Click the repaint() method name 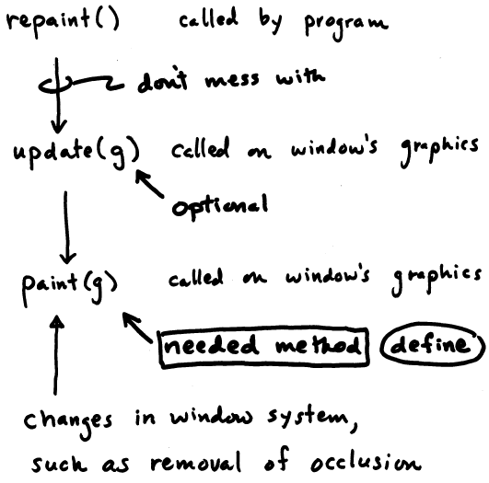pos(63,22)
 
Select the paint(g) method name pos(69,287)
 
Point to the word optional pos(220,206)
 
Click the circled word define pos(433,344)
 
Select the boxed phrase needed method pos(264,347)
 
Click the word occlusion pos(366,461)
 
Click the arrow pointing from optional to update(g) pos(149,183)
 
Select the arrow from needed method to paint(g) pos(137,328)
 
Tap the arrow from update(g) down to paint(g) pos(66,227)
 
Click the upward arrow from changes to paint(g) pos(56,354)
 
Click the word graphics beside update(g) pos(439,150)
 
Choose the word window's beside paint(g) pos(328,275)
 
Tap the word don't pos(162,80)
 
